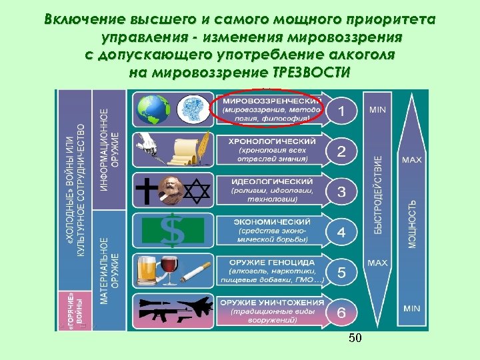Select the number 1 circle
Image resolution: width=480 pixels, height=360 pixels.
pos(341,110)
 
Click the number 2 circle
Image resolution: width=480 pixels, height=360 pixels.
pos(341,151)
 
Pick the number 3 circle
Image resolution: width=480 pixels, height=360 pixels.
pos(341,193)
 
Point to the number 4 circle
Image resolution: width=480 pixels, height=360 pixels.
pos(341,233)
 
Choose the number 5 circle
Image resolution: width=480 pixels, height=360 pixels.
pos(341,273)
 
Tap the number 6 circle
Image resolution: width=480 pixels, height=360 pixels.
pos(341,312)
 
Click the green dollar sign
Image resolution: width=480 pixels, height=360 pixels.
pos(173,230)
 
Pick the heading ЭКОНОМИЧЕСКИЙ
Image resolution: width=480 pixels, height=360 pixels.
pos(272,221)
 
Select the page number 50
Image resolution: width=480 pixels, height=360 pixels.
pos(355,339)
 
